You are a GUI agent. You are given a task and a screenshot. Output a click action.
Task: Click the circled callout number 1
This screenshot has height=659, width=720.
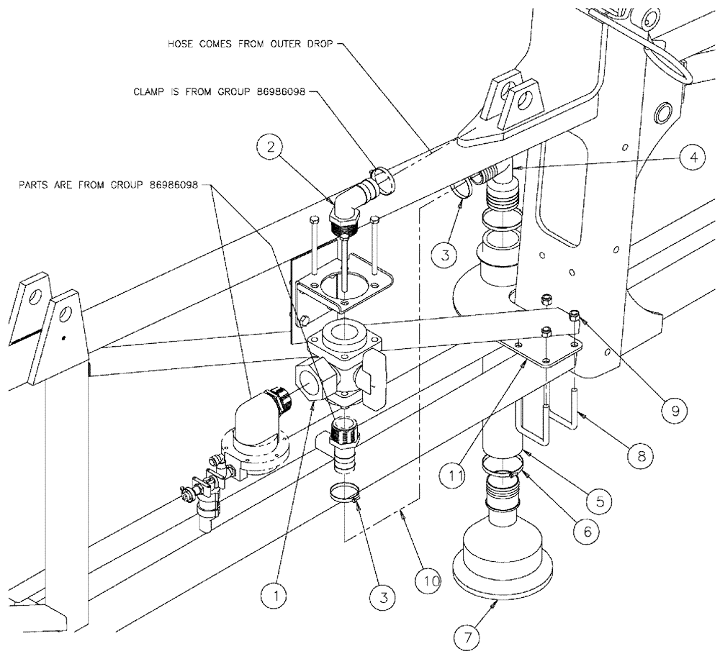278,595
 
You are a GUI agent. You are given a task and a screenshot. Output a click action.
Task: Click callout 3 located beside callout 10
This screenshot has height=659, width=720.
383,595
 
